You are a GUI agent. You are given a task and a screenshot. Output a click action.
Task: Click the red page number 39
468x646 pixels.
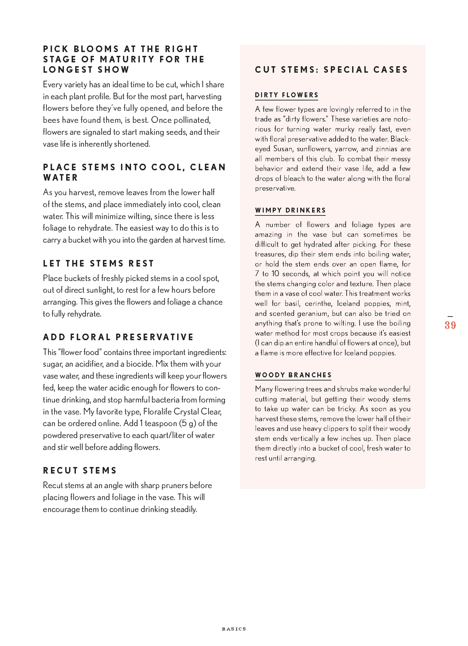450,325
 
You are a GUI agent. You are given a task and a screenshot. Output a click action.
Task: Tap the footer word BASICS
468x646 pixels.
234,629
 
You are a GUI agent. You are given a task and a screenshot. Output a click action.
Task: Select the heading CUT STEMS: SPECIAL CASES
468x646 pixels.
331,70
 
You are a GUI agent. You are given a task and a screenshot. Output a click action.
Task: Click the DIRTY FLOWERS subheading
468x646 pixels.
286,95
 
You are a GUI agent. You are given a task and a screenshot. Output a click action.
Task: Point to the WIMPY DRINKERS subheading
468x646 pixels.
290,210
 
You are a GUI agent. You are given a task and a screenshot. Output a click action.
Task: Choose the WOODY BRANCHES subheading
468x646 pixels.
293,375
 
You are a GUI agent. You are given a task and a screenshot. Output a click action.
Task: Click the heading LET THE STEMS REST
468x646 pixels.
98,264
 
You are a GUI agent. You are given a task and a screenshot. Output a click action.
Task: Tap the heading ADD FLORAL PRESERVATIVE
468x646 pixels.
118,337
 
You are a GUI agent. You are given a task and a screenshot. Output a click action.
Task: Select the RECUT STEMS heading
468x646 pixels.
80,470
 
